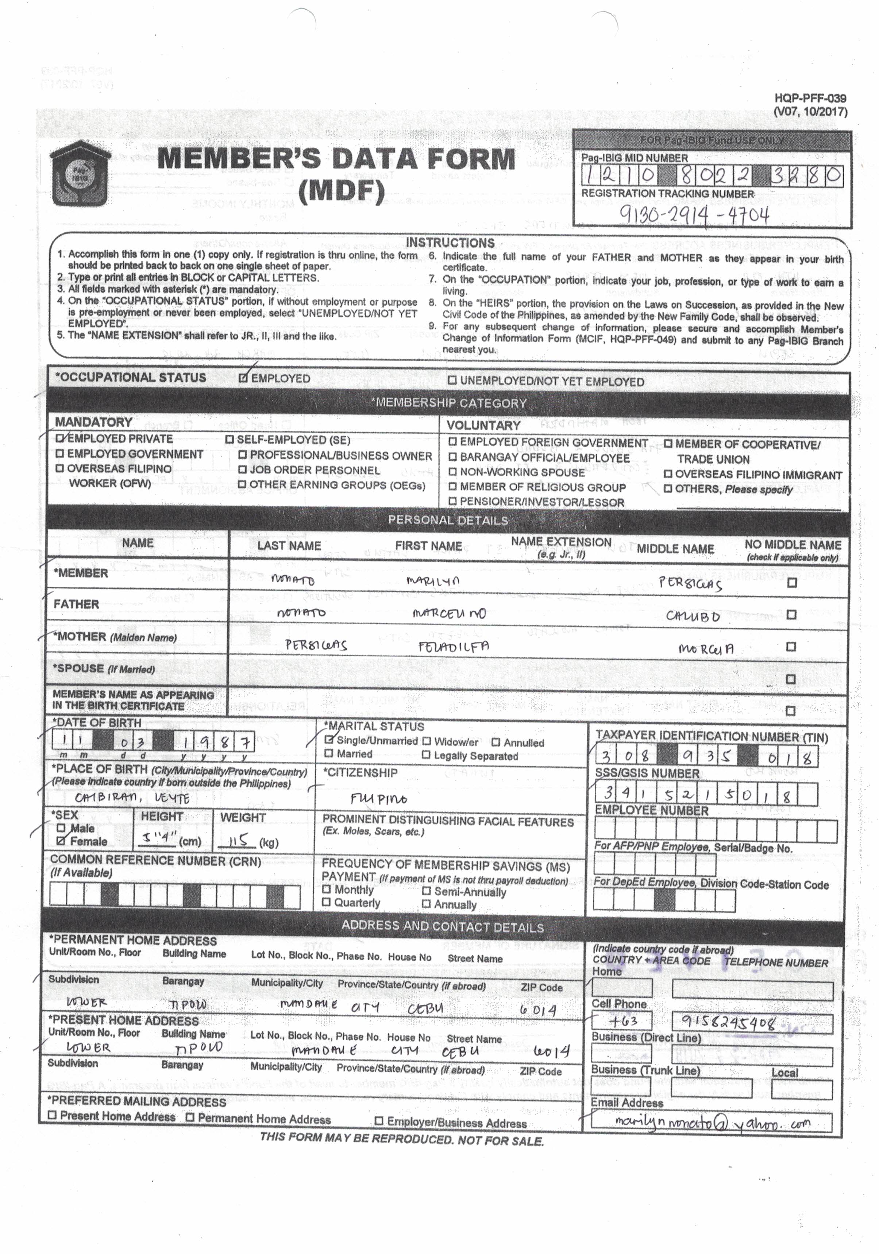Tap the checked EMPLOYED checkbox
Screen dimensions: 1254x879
coord(244,378)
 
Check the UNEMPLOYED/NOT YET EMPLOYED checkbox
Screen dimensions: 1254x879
coord(452,381)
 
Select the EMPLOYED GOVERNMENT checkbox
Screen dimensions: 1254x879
coord(60,454)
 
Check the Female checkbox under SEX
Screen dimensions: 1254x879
coord(61,841)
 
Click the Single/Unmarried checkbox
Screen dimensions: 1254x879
coord(329,740)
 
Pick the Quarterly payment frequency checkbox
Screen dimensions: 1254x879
coord(327,902)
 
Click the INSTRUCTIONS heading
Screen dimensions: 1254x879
coord(450,243)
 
